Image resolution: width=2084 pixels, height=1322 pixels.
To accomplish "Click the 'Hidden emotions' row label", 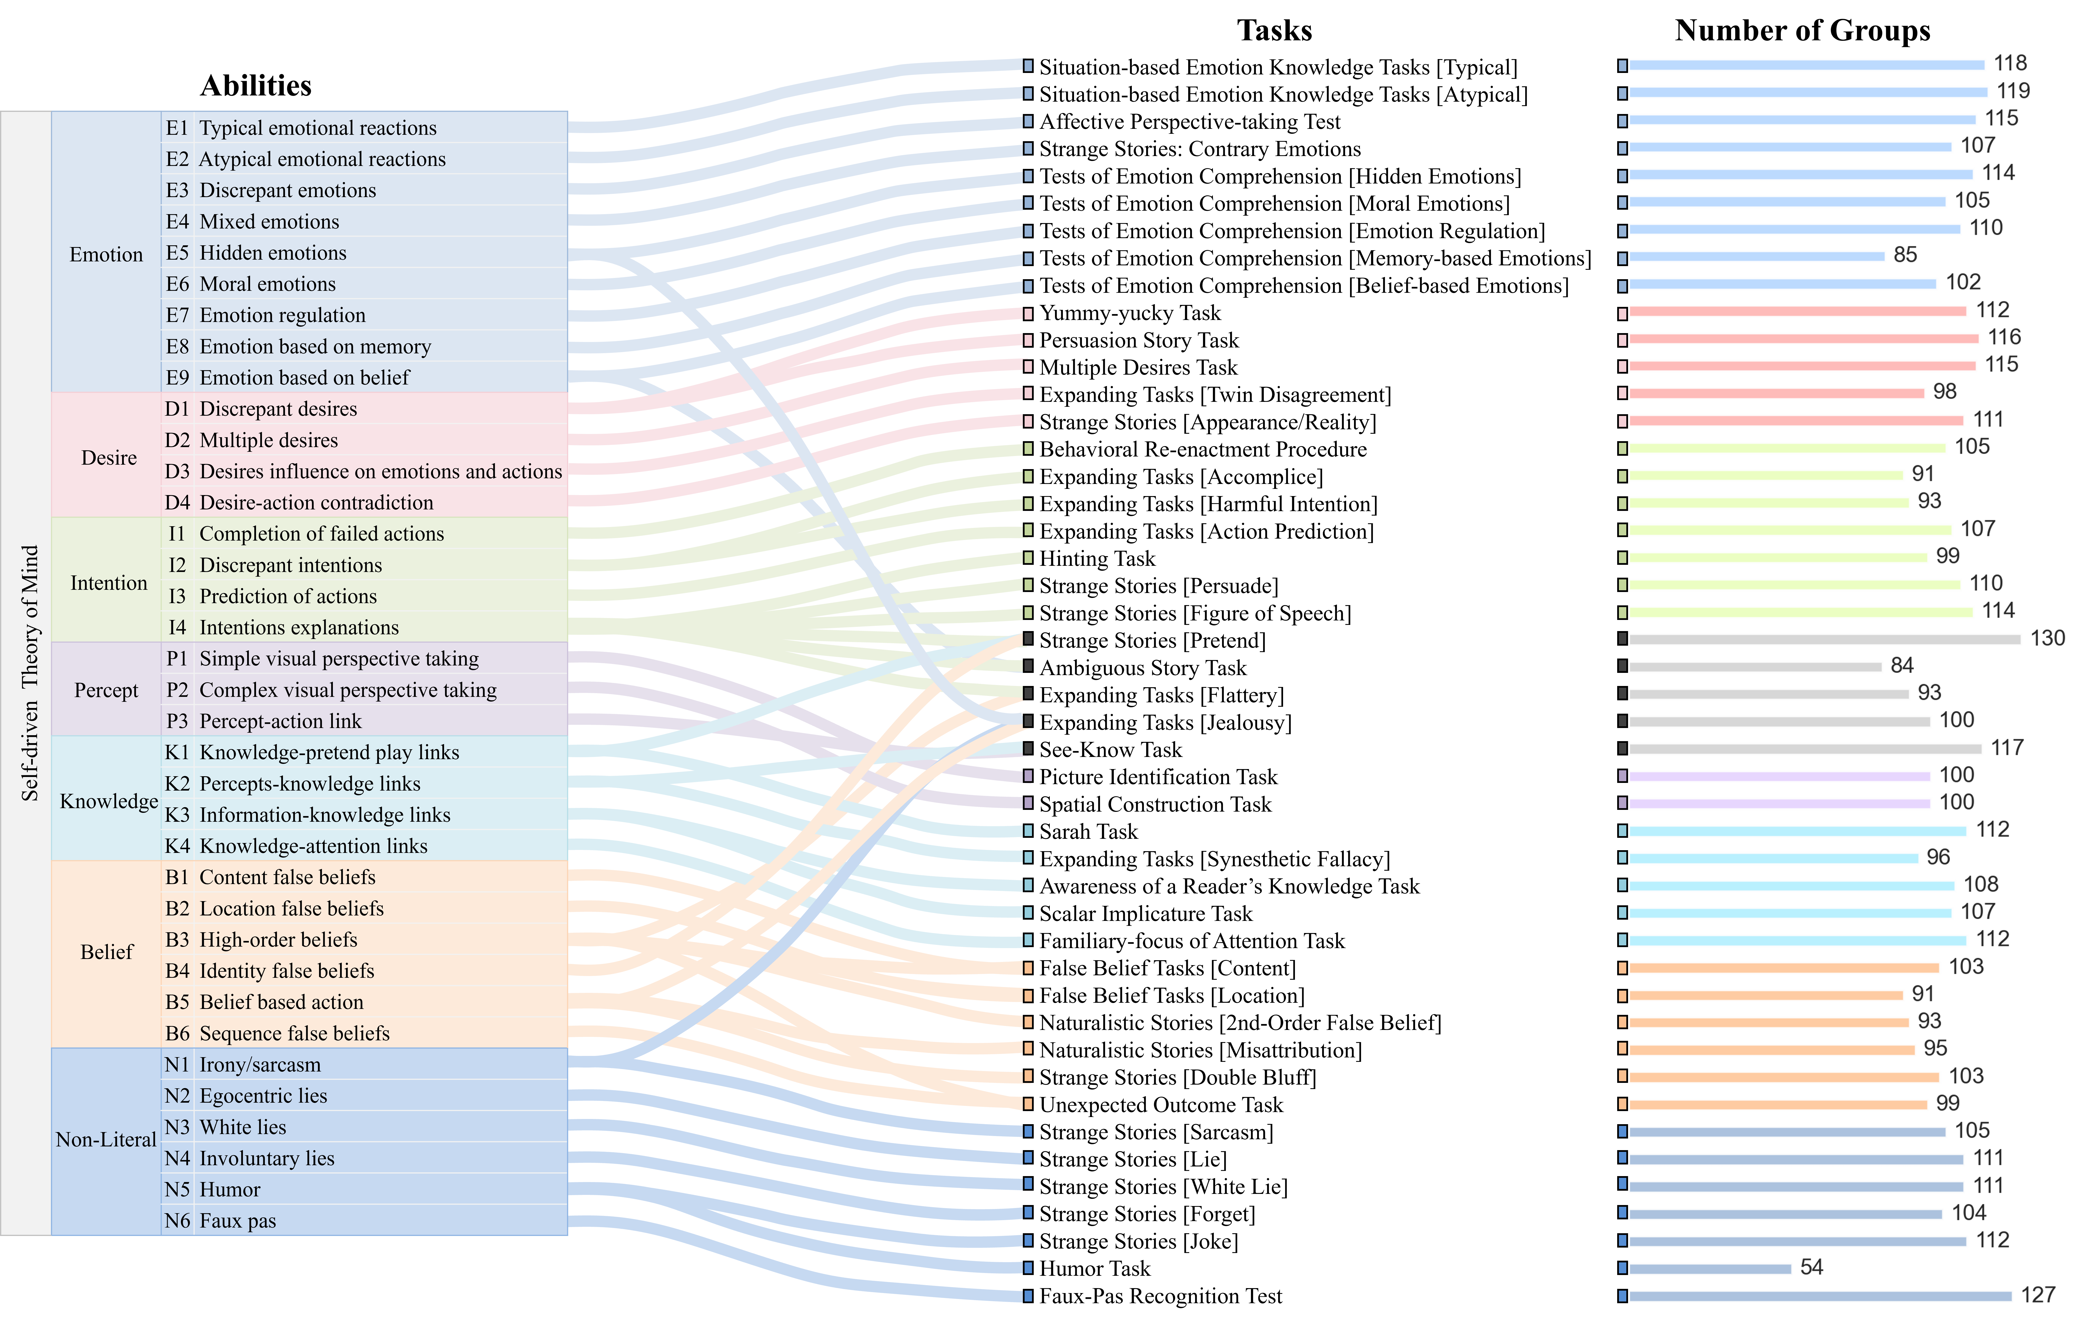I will [x=273, y=253].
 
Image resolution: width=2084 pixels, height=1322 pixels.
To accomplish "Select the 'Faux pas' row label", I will [x=238, y=1221].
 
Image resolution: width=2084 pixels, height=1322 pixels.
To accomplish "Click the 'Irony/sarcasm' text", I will [x=260, y=1065].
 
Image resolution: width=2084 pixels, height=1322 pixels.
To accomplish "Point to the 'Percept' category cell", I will [x=107, y=690].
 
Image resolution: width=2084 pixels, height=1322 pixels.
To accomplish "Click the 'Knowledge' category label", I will [x=108, y=801].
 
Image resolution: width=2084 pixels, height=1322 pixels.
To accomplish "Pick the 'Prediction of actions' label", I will [x=288, y=596].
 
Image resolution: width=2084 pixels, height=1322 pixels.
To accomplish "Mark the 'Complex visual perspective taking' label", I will [x=348, y=690].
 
